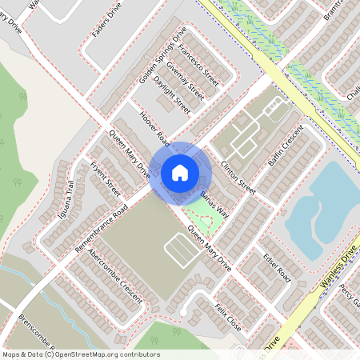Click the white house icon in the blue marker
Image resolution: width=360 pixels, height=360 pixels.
click(x=180, y=172)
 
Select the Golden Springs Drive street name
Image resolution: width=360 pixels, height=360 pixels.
click(x=162, y=55)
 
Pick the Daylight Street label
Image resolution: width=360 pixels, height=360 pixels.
click(x=172, y=94)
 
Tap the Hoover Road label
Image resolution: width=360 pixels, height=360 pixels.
click(x=154, y=128)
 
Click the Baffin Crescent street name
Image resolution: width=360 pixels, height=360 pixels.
click(x=286, y=145)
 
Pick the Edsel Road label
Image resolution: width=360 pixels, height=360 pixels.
click(x=277, y=268)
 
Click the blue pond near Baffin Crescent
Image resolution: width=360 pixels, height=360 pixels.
click(x=320, y=212)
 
